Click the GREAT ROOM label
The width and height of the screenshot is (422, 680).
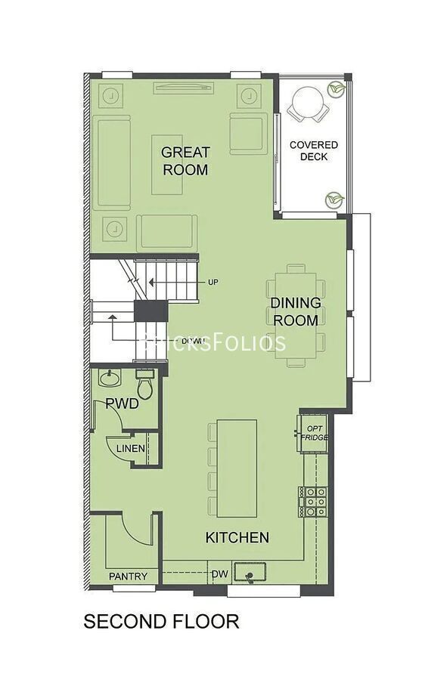[x=185, y=161]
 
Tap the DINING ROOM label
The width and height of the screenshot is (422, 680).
[x=296, y=311]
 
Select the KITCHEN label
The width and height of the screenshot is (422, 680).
[x=237, y=538]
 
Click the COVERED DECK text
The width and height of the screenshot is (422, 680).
[x=314, y=150]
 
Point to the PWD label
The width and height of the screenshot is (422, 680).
[x=122, y=404]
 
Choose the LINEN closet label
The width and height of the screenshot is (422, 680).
[x=132, y=449]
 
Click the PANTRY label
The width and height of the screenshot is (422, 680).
[x=133, y=576]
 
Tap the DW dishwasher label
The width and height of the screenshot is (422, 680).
[x=219, y=573]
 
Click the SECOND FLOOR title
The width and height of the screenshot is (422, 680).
[x=161, y=622]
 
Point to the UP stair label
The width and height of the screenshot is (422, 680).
[x=213, y=283]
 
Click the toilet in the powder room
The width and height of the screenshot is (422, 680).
[x=146, y=385]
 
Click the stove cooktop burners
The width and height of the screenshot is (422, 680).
[x=314, y=501]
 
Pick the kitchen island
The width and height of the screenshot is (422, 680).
[x=237, y=468]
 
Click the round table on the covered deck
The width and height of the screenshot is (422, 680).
[x=307, y=104]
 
